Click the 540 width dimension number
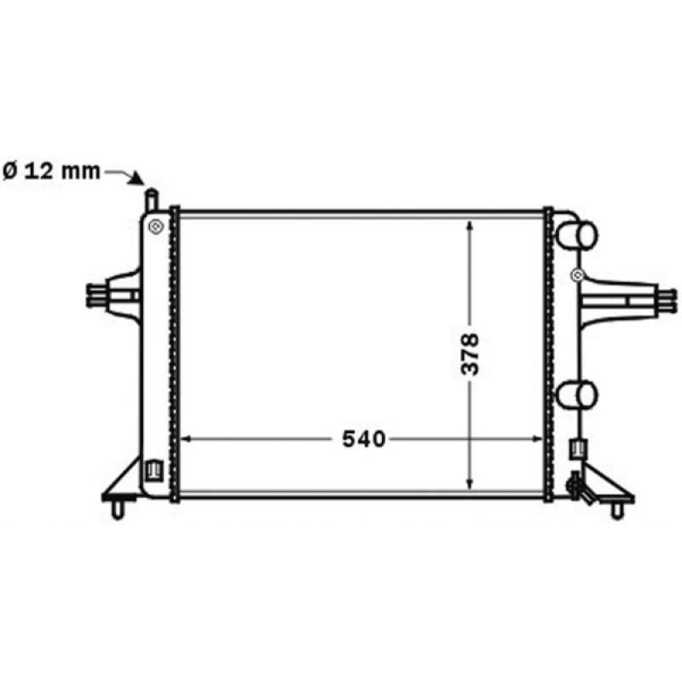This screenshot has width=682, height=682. point(364,439)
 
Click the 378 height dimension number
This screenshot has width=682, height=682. point(471,354)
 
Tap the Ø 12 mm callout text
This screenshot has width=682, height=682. point(51,170)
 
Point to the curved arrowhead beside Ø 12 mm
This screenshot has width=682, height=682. point(136,178)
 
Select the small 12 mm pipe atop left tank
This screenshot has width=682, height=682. point(151,202)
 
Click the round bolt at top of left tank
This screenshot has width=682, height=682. point(154,226)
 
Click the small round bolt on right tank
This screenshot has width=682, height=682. point(577,275)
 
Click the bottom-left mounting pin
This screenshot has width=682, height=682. point(117,508)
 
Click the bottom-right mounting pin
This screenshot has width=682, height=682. point(617,509)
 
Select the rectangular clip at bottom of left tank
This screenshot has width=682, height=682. point(154,470)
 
